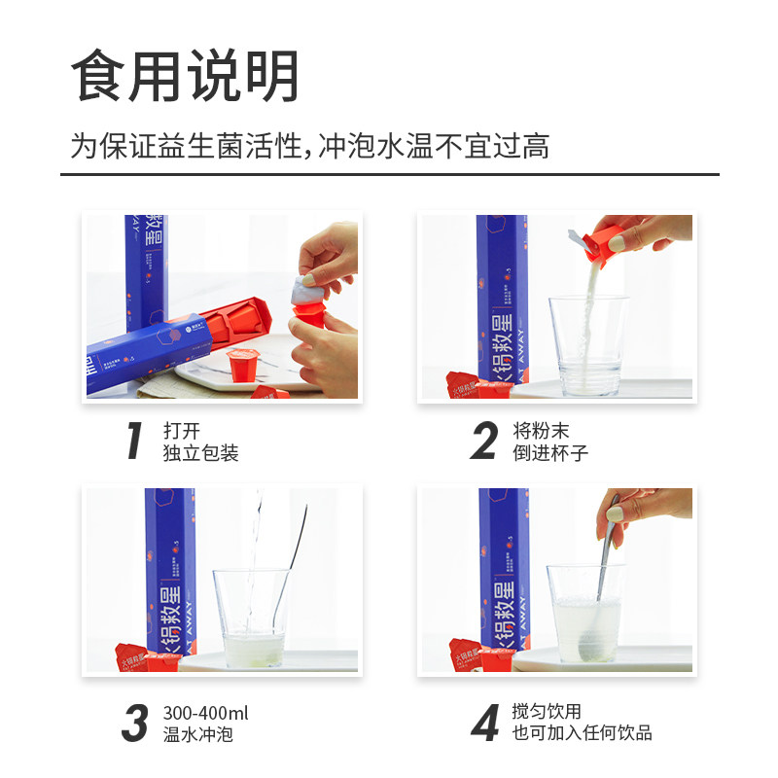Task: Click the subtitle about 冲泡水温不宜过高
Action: [x=309, y=147]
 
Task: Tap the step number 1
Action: [x=135, y=442]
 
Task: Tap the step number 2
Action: [x=483, y=442]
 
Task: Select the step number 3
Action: [x=135, y=724]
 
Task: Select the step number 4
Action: [x=484, y=724]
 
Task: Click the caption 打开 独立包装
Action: [x=200, y=442]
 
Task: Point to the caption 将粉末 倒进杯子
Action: [x=549, y=442]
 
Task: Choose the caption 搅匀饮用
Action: [x=547, y=713]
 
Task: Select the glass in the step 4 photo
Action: [x=584, y=618]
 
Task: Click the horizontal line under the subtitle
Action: [x=389, y=175]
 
